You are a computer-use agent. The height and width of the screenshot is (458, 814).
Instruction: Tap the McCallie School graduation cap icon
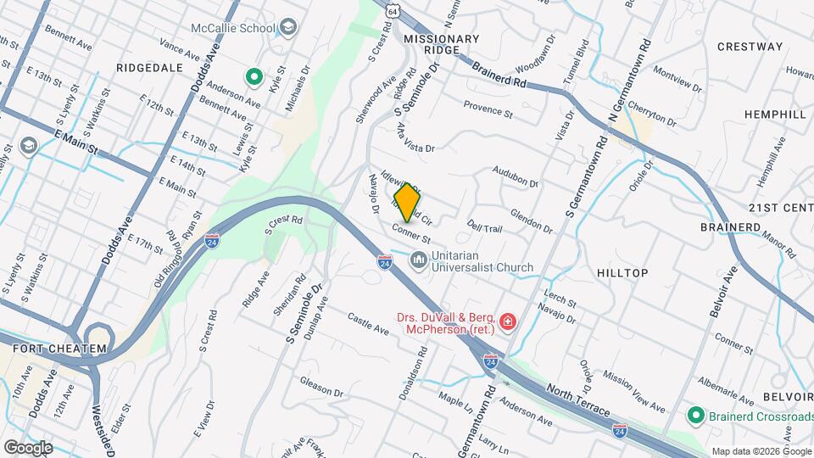click(x=288, y=27)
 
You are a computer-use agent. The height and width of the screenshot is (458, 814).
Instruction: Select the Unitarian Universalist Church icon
click(x=418, y=260)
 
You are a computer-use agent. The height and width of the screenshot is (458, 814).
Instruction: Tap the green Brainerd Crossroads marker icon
click(x=695, y=416)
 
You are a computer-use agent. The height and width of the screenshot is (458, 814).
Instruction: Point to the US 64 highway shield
click(x=392, y=9)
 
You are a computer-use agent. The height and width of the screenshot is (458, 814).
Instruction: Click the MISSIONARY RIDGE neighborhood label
click(x=441, y=45)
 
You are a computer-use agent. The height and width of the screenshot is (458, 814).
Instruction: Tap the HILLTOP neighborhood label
click(x=622, y=273)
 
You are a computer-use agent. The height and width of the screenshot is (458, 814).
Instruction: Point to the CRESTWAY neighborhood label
click(x=750, y=47)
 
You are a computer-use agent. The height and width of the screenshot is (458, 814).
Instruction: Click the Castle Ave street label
click(x=368, y=323)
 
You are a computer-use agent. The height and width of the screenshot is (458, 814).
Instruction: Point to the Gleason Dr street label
click(x=320, y=388)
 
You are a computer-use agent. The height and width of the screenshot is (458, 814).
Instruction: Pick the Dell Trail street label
click(x=485, y=227)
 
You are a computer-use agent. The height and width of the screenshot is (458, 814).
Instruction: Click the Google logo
click(x=28, y=447)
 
